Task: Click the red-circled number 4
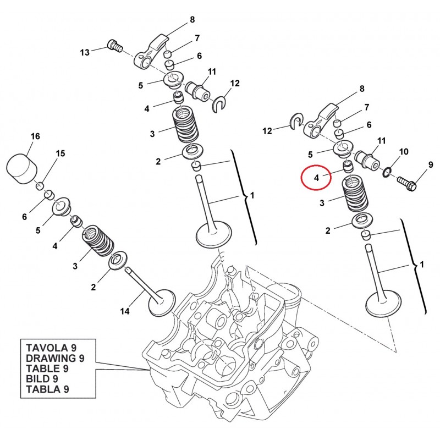[x=317, y=178]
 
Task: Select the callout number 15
[x=60, y=153]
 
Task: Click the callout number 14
[x=125, y=312]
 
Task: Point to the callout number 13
[x=85, y=52]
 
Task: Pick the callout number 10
[x=403, y=151]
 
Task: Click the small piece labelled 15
[x=39, y=185]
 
